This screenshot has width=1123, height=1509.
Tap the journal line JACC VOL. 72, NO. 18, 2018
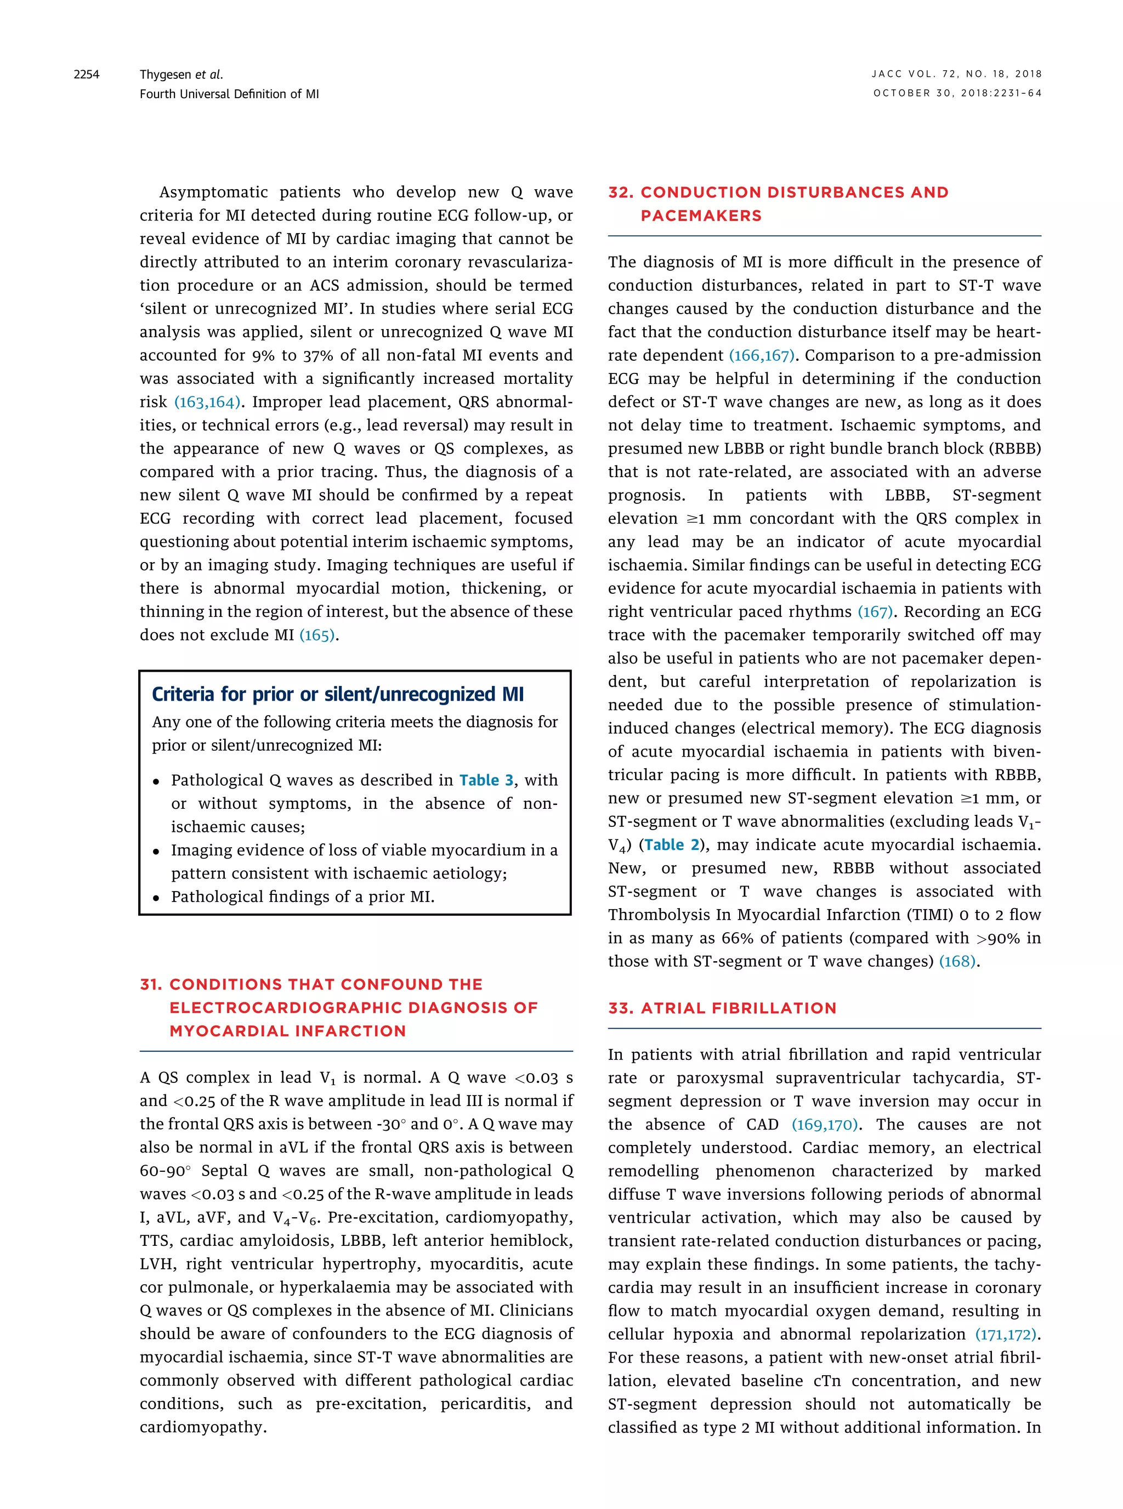tap(956, 74)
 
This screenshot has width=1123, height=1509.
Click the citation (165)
tap(317, 635)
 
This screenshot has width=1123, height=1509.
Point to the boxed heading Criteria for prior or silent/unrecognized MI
tap(338, 694)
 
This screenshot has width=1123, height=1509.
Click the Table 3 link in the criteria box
tap(486, 780)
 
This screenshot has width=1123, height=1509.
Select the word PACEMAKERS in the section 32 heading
tap(701, 215)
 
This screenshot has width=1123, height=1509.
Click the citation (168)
tap(957, 961)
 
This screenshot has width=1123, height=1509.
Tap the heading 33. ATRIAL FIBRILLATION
tap(722, 1008)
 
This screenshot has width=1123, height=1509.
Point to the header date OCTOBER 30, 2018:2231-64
tap(957, 94)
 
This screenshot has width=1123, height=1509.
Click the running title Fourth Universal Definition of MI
tap(229, 94)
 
